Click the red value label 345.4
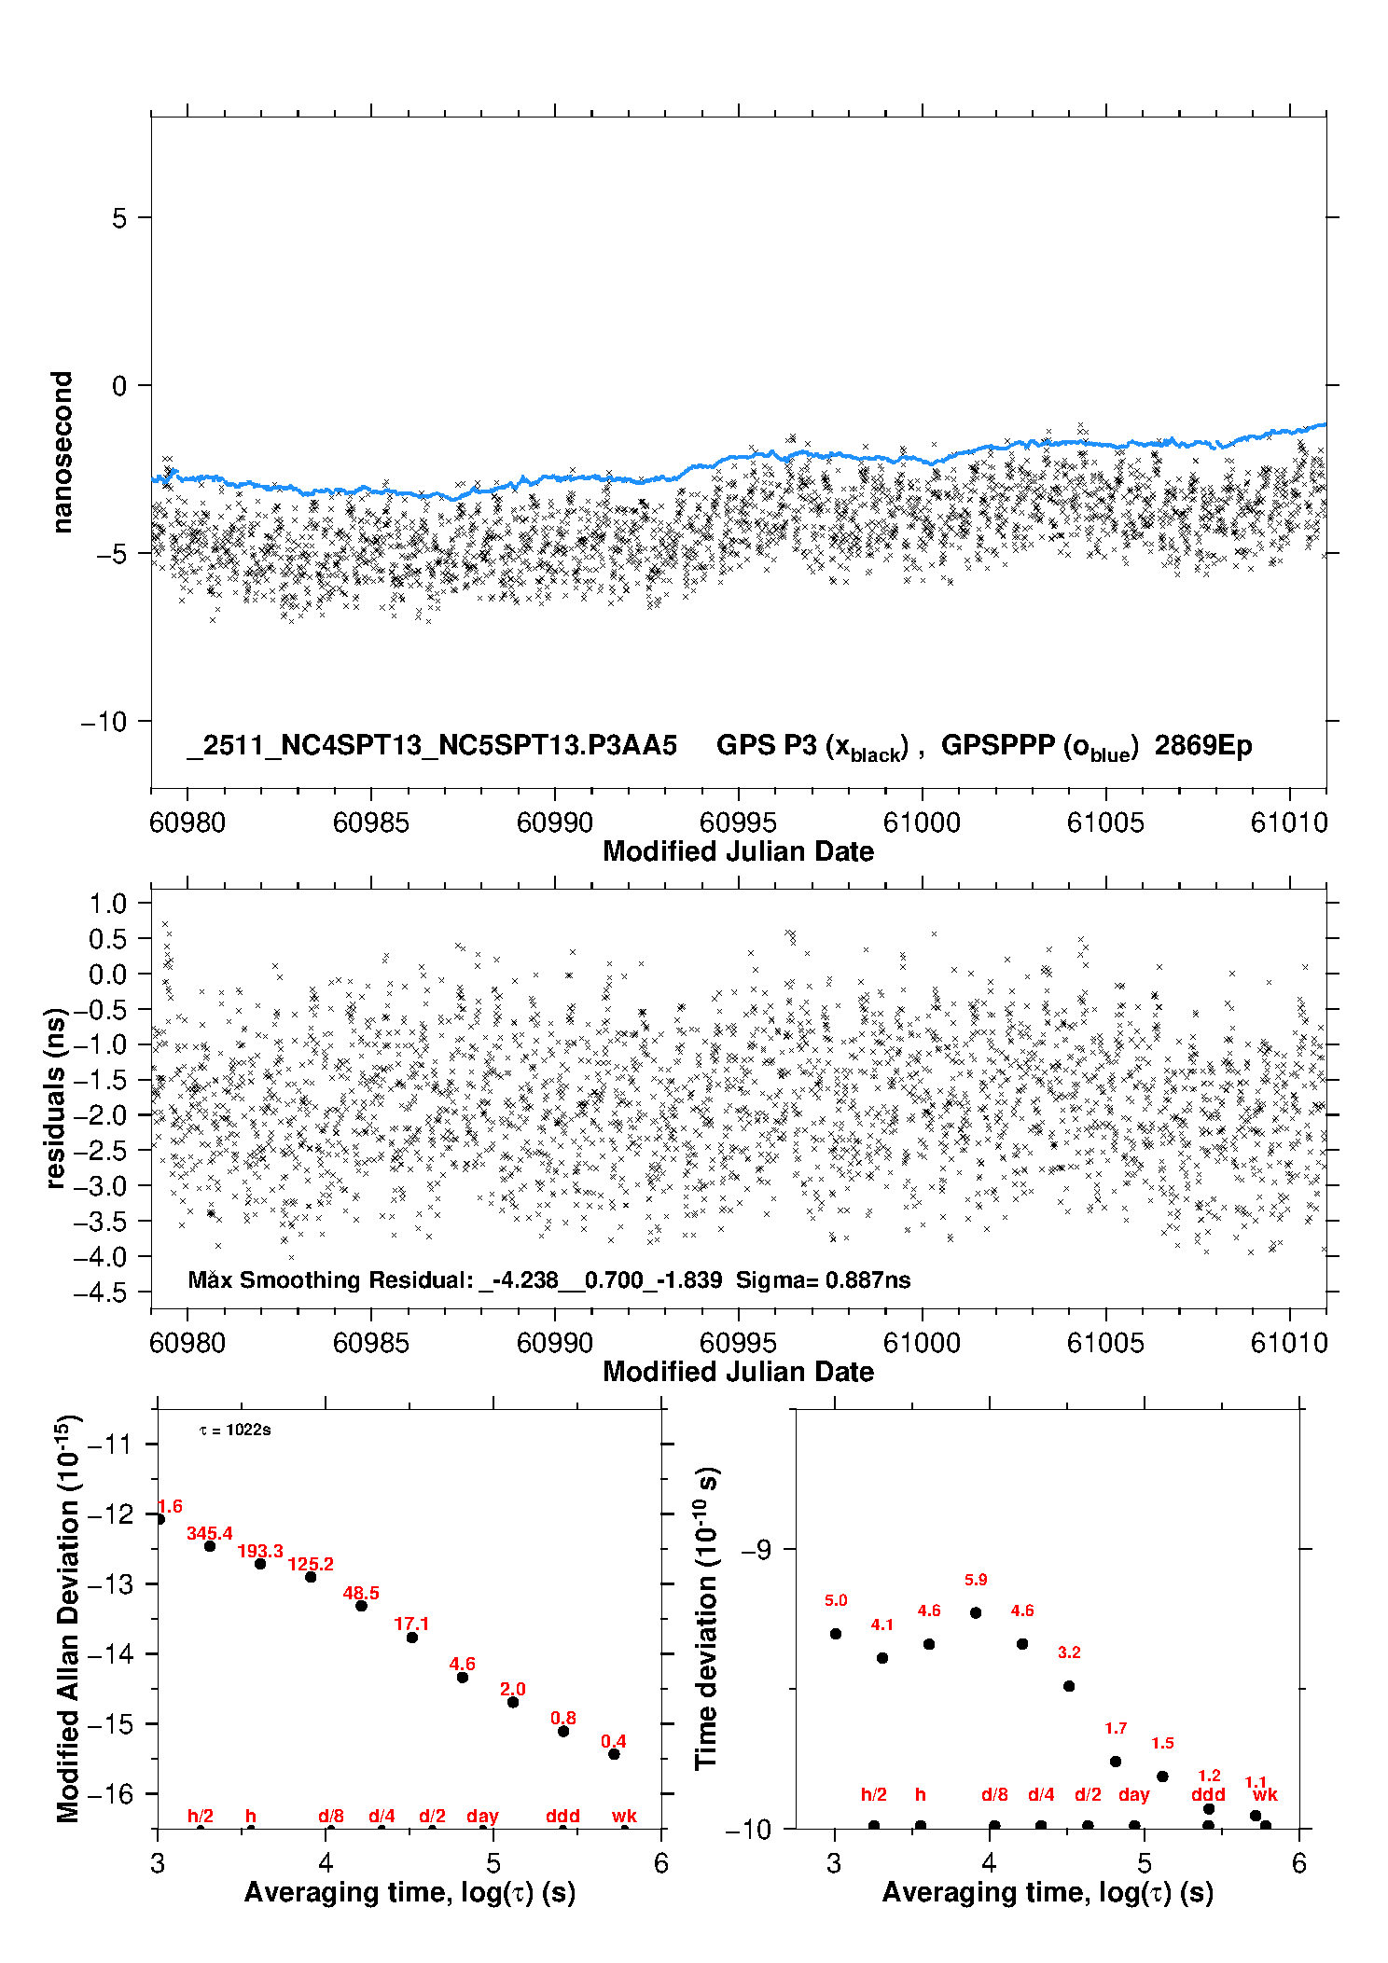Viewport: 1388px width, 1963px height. coord(209,1533)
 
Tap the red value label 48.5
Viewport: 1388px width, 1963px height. coord(361,1593)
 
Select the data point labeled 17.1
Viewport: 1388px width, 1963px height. coord(412,1638)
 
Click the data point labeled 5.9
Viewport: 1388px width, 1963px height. coord(976,1612)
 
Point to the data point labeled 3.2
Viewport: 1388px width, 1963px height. coord(1069,1686)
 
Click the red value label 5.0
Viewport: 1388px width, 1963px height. coord(836,1600)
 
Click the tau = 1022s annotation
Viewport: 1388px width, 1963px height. coord(235,1431)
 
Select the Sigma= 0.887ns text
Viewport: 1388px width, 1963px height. coord(823,1279)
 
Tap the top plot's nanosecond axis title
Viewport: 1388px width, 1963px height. coord(62,452)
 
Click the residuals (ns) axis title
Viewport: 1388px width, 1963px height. coord(55,1098)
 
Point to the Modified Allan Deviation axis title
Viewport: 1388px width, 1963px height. coord(68,1618)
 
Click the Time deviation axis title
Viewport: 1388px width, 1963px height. coord(706,1618)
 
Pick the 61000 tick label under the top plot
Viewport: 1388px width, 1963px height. coord(922,823)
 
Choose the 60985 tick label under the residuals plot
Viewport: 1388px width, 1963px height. coord(370,1343)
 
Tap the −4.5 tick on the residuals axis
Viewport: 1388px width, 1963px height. coord(106,1293)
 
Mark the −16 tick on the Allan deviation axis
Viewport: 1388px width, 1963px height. coord(110,1793)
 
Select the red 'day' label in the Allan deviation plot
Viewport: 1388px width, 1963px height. coord(482,1816)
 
